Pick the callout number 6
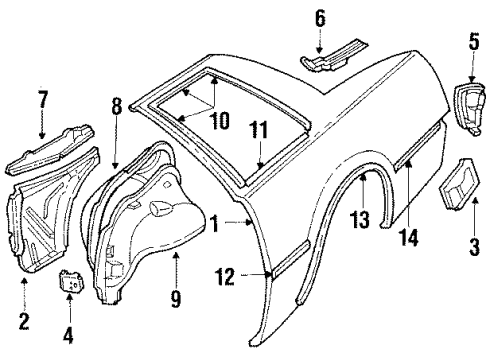click(x=320, y=18)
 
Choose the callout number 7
click(x=43, y=101)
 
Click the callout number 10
click(x=220, y=121)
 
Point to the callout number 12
click(x=224, y=275)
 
